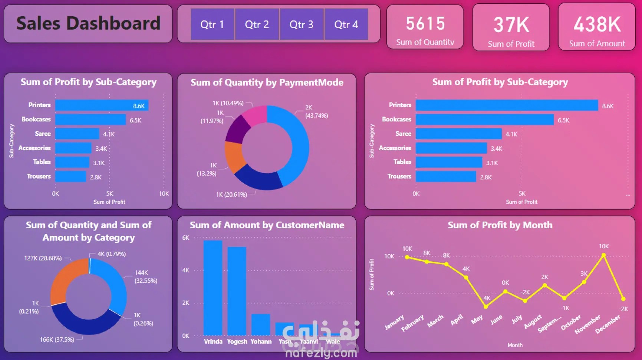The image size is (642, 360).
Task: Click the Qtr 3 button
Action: [302, 24]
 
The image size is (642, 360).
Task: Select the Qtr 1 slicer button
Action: [212, 24]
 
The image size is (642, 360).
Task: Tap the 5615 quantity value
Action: [425, 24]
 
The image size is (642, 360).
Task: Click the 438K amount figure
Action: [597, 24]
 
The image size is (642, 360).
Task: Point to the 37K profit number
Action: [511, 25]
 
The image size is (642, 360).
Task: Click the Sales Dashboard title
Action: [88, 23]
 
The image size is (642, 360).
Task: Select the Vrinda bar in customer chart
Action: [213, 288]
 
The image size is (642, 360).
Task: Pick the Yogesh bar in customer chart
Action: [237, 291]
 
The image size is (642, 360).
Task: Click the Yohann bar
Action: [261, 325]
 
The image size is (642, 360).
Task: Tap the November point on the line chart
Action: [603, 255]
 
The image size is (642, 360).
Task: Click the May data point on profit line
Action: [485, 307]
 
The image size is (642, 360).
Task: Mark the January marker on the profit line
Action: [407, 257]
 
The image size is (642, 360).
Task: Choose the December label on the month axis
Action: [608, 324]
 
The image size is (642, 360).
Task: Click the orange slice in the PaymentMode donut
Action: [234, 157]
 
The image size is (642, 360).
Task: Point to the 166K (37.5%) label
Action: [57, 340]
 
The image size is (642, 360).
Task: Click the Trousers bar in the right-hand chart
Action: [446, 177]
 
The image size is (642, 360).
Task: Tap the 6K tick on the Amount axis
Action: [186, 238]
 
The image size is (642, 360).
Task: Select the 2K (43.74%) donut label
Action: [316, 111]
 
